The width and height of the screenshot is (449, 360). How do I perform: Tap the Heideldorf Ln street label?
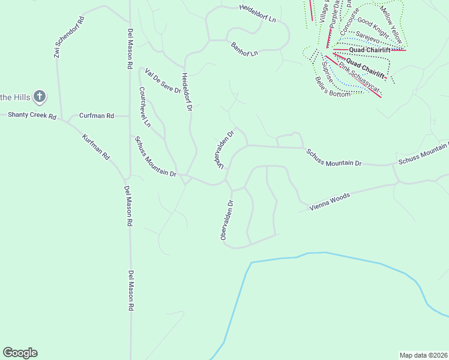point(257,14)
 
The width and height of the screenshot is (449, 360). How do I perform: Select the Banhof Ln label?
point(244,49)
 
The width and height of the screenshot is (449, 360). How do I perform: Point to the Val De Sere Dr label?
point(162,81)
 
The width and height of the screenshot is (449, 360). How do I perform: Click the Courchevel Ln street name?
point(145,106)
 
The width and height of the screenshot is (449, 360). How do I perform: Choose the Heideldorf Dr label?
point(187,92)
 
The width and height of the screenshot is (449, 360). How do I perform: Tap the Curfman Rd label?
point(97,115)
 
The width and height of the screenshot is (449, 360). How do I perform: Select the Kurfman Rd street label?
point(97,146)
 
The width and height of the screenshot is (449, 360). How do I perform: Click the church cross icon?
point(40,96)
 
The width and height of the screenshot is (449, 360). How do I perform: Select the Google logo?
point(20,353)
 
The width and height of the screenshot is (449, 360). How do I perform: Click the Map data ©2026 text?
point(423,355)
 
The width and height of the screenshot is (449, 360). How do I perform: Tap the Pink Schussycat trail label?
point(359,78)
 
